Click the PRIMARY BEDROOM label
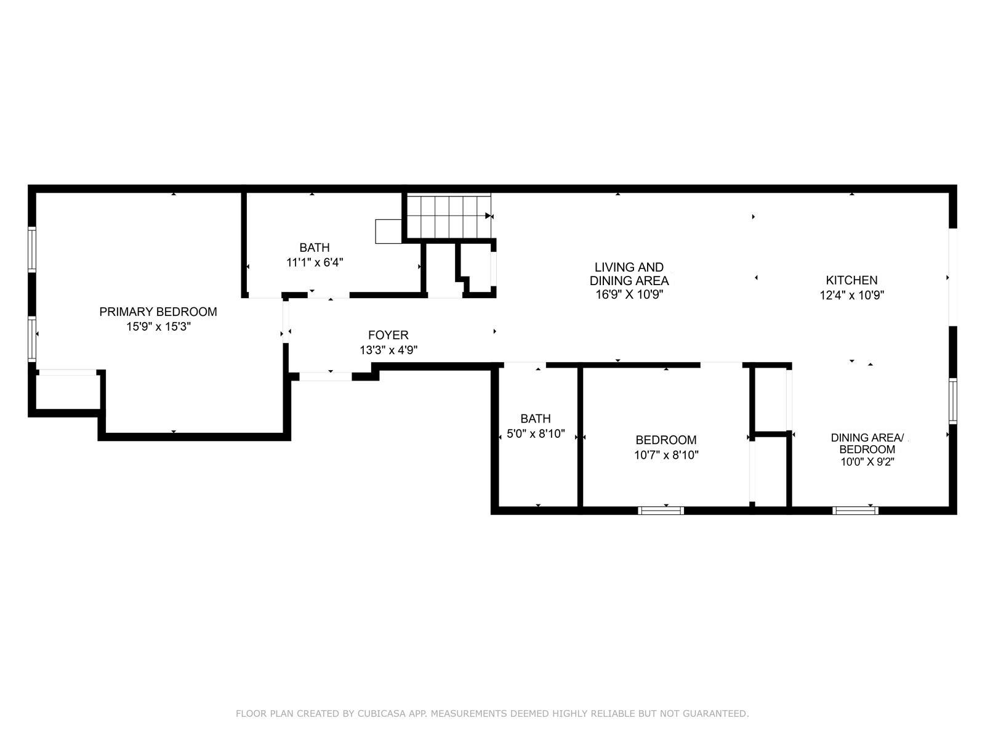tap(158, 312)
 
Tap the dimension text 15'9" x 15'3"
tap(158, 327)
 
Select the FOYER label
tap(388, 335)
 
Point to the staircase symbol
tap(449, 216)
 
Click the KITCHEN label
tap(851, 280)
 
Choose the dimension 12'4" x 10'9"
tap(851, 296)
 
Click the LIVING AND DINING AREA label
tap(629, 274)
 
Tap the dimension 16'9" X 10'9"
tap(629, 295)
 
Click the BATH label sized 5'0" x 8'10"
tap(535, 419)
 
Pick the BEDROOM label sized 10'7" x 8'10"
tap(666, 440)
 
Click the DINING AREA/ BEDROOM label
tap(867, 443)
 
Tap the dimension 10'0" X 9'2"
tap(867, 462)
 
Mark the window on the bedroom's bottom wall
tap(661, 511)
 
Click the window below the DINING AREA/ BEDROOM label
tap(855, 511)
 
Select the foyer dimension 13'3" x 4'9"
tap(388, 350)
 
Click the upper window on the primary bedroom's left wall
tap(32, 249)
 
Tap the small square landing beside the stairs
tap(388, 231)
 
